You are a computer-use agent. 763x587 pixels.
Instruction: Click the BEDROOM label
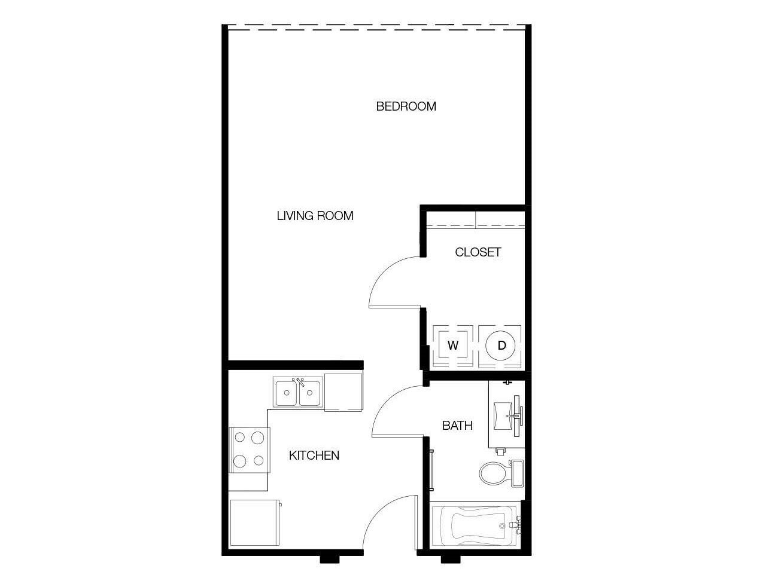[406, 106]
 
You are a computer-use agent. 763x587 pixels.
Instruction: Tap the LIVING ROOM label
[315, 216]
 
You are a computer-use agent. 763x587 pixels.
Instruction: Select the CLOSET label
[478, 252]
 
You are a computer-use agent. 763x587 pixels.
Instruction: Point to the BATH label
[457, 426]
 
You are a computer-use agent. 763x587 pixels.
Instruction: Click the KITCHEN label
[314, 455]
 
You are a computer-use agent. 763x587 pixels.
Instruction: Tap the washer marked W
[453, 346]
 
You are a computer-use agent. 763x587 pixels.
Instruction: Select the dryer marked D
[500, 346]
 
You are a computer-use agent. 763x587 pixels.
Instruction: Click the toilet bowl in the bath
[493, 473]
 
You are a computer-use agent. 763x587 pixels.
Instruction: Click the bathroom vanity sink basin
[503, 416]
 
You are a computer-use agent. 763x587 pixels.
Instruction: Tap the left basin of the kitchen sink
[287, 393]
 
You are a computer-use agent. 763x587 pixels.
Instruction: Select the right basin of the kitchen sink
[310, 393]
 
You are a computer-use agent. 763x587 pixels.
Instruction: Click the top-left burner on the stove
[239, 438]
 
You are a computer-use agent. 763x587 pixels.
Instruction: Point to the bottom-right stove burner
[259, 460]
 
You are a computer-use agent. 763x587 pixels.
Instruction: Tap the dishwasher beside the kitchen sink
[343, 392]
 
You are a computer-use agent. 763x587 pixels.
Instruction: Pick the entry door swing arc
[379, 511]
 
